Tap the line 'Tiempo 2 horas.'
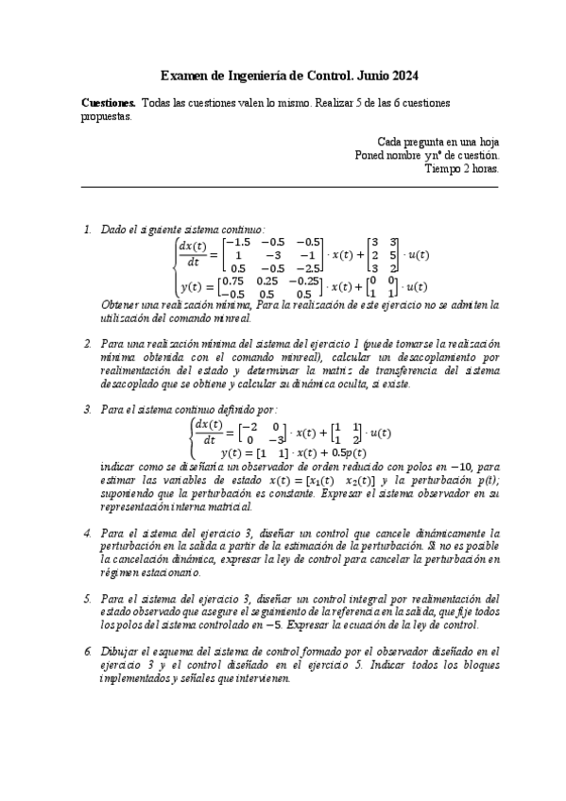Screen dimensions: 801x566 tap(462, 169)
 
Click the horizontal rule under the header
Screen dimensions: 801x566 tap(290, 186)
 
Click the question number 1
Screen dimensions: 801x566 tap(87, 230)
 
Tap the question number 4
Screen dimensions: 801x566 tap(87, 534)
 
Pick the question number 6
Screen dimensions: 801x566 tap(87, 652)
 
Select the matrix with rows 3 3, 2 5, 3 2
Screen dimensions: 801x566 tap(383, 255)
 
